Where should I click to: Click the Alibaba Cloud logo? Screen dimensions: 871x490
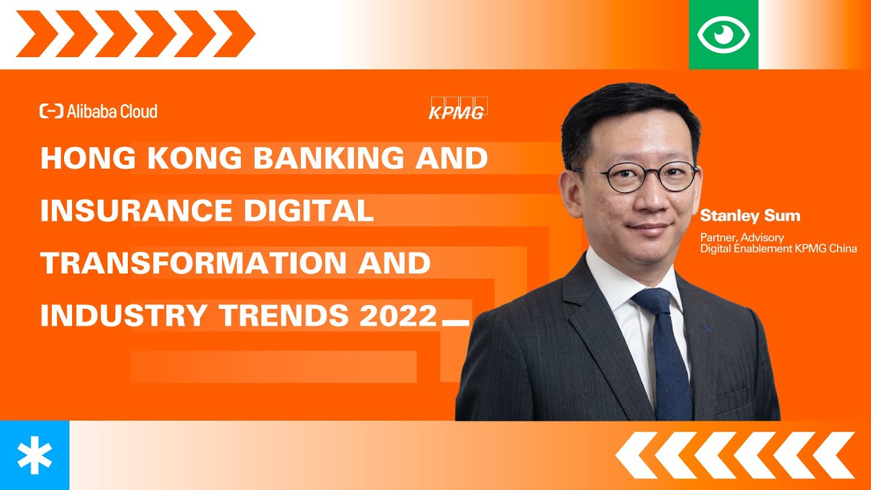coord(99,111)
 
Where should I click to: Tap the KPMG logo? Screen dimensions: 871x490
coord(458,108)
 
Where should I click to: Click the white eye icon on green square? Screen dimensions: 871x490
coord(723,35)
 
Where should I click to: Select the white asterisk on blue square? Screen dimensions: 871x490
coord(35,455)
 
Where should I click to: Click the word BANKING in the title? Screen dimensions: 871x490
coord(329,158)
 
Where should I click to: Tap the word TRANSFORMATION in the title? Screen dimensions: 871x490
coord(193,263)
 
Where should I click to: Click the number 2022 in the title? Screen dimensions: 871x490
coord(399,315)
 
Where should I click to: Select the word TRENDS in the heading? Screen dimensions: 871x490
coord(284,315)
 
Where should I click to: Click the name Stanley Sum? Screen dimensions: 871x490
coord(750,216)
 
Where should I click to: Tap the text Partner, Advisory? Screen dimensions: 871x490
coord(742,238)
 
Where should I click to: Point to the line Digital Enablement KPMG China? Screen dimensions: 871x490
coord(778,248)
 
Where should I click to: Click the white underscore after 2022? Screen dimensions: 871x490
coord(456,323)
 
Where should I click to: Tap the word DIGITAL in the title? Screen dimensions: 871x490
coord(309,210)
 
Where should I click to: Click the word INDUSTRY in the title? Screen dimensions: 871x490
coord(124,315)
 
